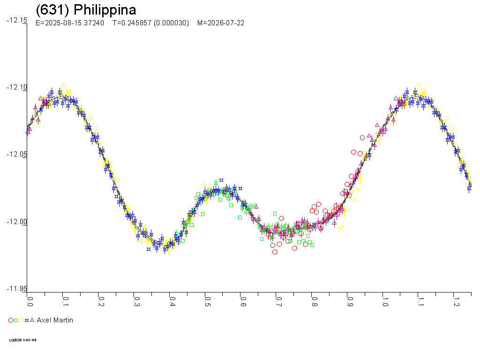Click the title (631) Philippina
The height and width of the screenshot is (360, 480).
pyautogui.click(x=86, y=10)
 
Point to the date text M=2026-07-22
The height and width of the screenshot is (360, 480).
pyautogui.click(x=221, y=23)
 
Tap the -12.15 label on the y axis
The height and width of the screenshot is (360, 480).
pyautogui.click(x=17, y=21)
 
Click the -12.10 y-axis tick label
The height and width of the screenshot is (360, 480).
pyautogui.click(x=17, y=88)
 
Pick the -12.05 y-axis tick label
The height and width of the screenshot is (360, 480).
pyautogui.click(x=17, y=155)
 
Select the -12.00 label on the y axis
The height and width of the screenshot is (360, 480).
pyautogui.click(x=17, y=222)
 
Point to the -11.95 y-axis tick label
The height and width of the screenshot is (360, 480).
pyautogui.click(x=17, y=289)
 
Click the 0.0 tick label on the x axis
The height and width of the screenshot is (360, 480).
pyautogui.click(x=30, y=300)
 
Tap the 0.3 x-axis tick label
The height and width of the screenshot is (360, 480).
pyautogui.click(x=136, y=300)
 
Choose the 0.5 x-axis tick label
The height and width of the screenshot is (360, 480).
pyautogui.click(x=208, y=300)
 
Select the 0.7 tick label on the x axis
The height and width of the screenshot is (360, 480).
pyautogui.click(x=278, y=300)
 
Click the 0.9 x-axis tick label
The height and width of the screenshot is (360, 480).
pyautogui.click(x=349, y=300)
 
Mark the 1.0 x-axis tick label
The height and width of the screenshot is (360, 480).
pyautogui.click(x=385, y=300)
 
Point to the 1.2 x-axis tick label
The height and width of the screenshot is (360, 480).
pyautogui.click(x=456, y=300)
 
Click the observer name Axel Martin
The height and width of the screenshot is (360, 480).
pyautogui.click(x=55, y=320)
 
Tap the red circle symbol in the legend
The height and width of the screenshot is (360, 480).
pyautogui.click(x=11, y=320)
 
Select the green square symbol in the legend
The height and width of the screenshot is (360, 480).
pyautogui.click(x=16, y=320)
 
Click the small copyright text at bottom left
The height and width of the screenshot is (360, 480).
pyautogui.click(x=22, y=340)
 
